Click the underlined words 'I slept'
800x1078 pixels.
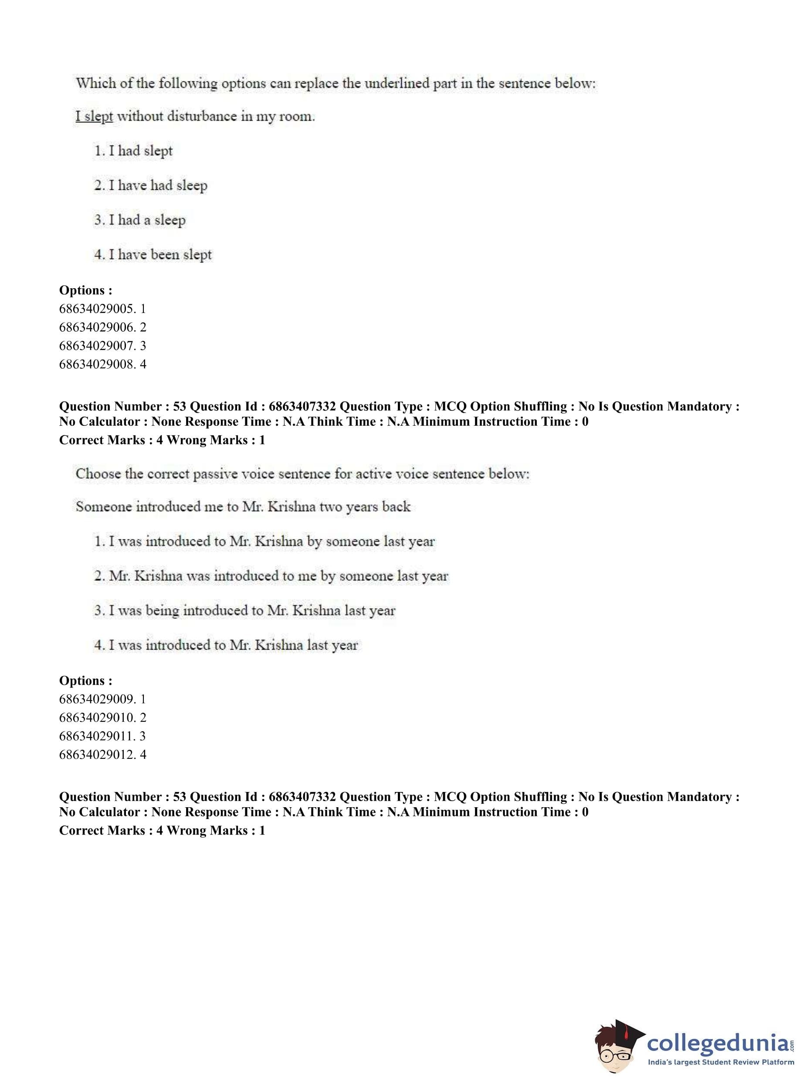coord(94,117)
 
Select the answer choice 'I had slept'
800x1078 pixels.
coord(133,151)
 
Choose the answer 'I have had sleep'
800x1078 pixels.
coord(151,186)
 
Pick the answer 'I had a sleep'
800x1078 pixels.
coord(140,220)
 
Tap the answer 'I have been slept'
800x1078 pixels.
coord(153,255)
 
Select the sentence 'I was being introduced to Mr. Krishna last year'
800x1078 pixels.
coord(245,610)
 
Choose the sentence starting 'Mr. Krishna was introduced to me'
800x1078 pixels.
coord(271,576)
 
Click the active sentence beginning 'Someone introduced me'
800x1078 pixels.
coord(243,507)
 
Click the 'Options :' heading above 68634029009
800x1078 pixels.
coord(86,680)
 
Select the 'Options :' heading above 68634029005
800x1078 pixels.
coord(86,290)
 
